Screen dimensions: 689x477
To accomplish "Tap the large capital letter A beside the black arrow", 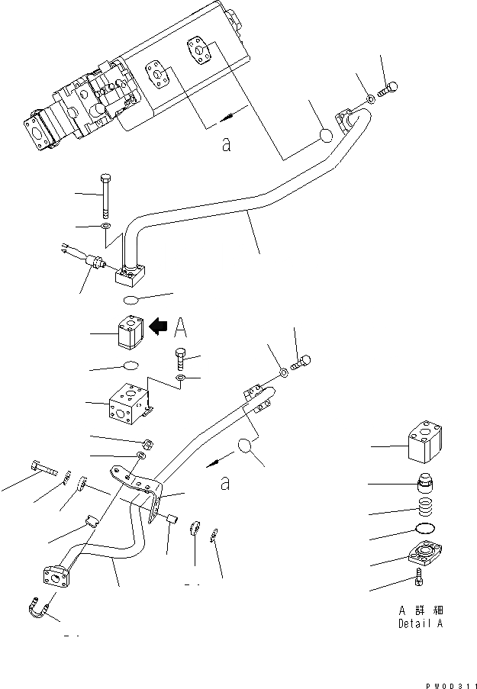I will [x=180, y=327].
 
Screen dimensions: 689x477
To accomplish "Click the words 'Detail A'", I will [x=419, y=623].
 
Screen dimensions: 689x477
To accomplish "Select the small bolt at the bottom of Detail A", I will [x=421, y=581].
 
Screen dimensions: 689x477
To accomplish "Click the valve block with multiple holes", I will [x=128, y=407].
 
